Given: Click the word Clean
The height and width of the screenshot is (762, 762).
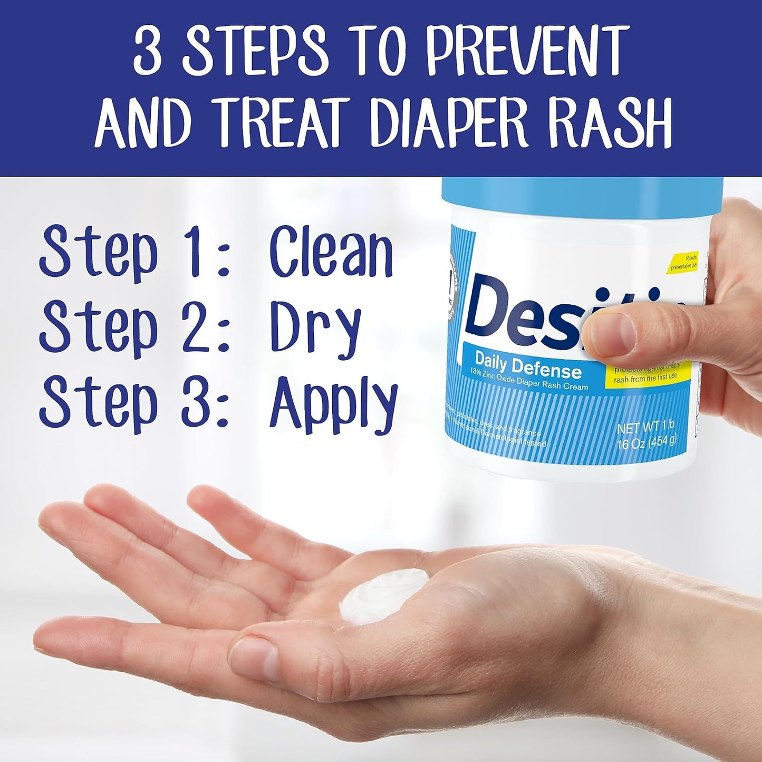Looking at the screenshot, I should (331, 252).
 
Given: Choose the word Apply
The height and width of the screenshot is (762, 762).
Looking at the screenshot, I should (333, 403).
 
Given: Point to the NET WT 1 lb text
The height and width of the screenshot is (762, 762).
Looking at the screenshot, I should (645, 427).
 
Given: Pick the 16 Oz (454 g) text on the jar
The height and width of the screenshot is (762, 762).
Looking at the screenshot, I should (647, 442).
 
